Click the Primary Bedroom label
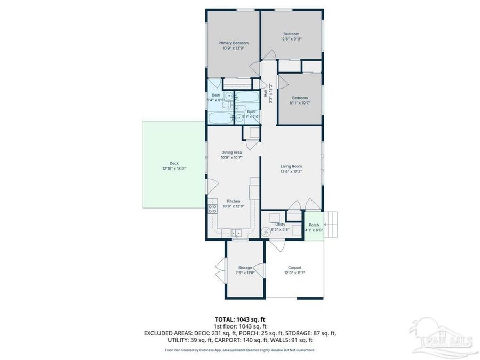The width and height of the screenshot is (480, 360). point(233,43)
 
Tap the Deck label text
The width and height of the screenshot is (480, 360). point(174,163)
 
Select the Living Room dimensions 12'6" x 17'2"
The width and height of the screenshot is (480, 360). point(291,172)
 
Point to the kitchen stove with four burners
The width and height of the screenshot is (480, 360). point(212,209)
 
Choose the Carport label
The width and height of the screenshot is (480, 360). point(294,268)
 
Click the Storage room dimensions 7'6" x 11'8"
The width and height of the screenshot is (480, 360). point(245,273)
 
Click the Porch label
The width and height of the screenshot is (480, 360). point(314,225)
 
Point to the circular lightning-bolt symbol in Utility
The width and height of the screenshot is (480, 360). point(266,232)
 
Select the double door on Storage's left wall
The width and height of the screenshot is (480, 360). point(219,269)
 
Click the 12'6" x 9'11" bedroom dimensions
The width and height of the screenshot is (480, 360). point(291,39)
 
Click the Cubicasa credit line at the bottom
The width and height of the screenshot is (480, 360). point(239,350)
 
